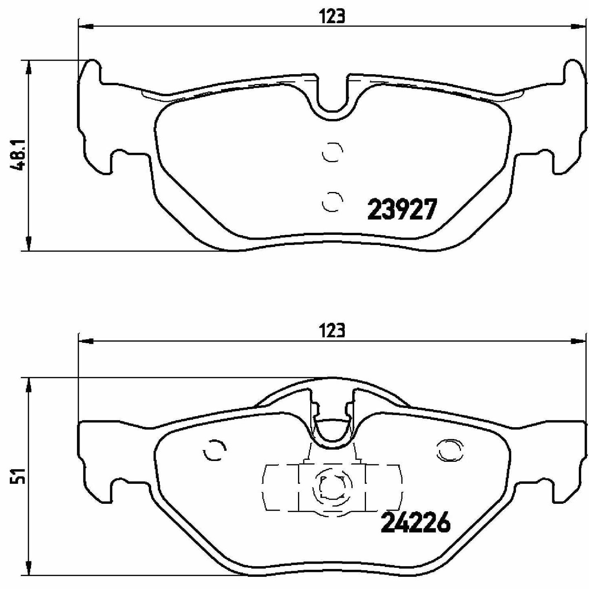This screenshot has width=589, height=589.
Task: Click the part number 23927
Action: pos(402,210)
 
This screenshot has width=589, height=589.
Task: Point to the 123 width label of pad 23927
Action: pos(333,17)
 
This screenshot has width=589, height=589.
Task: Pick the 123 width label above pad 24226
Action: pos(333,331)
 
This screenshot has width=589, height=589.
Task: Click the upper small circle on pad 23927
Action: pos(332,152)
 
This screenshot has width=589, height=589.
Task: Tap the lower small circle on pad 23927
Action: pos(332,201)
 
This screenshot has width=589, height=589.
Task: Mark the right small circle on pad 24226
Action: pos(450,450)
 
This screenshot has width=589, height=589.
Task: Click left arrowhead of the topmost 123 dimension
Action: pos(85,27)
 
